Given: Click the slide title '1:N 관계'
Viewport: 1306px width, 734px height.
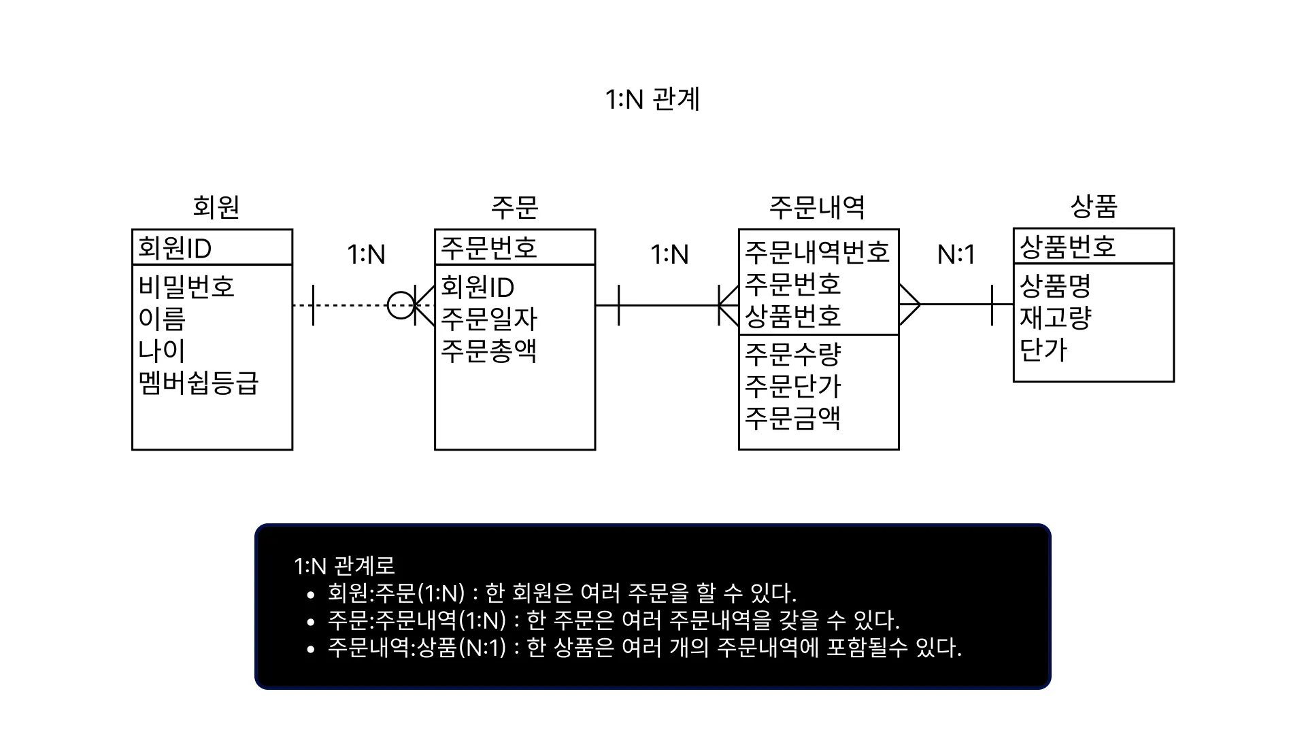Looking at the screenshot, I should click(x=652, y=99).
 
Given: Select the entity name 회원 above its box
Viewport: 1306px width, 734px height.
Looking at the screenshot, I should click(x=216, y=207).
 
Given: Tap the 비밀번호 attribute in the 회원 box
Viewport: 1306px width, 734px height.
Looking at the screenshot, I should click(x=186, y=286).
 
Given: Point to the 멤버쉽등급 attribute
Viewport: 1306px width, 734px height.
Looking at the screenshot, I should click(x=199, y=383).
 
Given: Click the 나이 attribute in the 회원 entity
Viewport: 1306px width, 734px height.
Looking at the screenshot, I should click(x=162, y=351).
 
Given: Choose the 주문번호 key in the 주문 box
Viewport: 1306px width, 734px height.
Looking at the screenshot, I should click(x=489, y=247).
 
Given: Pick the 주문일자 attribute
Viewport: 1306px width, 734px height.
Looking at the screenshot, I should click(x=489, y=319).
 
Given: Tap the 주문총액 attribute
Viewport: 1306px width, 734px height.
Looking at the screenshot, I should click(x=489, y=351).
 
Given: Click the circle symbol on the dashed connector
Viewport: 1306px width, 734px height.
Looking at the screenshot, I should click(x=401, y=305).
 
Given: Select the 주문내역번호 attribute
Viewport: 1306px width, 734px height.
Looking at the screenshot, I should click(x=817, y=252).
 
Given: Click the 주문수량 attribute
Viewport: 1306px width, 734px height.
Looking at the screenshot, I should click(x=793, y=353).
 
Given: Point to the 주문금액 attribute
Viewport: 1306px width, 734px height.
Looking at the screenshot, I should click(x=793, y=417).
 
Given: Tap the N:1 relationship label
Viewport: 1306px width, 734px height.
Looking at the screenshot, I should click(x=956, y=255).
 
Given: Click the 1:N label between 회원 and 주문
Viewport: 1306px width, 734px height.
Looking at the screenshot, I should click(x=366, y=255).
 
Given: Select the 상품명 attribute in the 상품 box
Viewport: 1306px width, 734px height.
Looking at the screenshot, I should click(x=1055, y=285).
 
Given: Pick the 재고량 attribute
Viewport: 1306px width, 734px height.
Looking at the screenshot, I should click(x=1055, y=317).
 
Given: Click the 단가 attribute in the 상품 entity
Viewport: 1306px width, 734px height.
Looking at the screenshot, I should click(x=1043, y=349).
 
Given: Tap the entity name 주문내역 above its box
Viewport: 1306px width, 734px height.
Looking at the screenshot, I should click(x=817, y=207).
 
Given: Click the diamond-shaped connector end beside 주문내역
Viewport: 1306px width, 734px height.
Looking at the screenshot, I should click(x=909, y=305).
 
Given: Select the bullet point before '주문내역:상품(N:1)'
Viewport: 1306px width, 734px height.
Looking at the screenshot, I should click(x=311, y=649).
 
